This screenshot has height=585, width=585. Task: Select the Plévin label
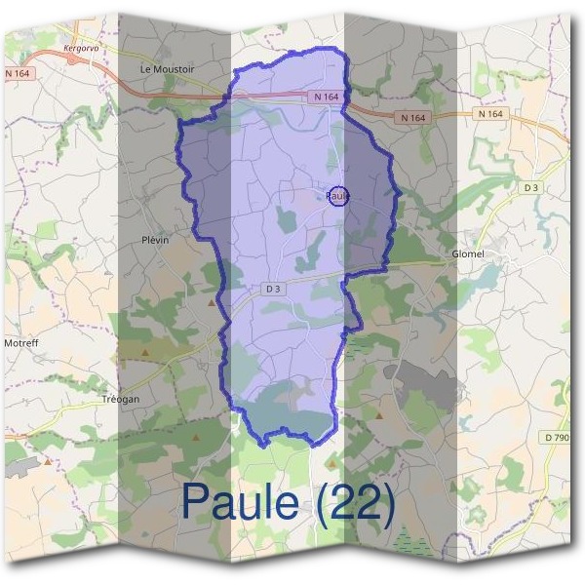(155, 240)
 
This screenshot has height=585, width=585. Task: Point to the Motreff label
(20, 343)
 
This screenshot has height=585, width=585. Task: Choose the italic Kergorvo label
(81, 46)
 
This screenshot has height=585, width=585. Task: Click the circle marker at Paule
(338, 196)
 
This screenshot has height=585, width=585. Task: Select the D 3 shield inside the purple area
(273, 289)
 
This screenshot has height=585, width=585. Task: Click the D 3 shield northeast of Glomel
(531, 186)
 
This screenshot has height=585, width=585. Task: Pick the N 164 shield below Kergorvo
(18, 73)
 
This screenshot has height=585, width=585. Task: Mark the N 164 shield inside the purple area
(327, 97)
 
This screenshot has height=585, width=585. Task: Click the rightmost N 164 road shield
(490, 114)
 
